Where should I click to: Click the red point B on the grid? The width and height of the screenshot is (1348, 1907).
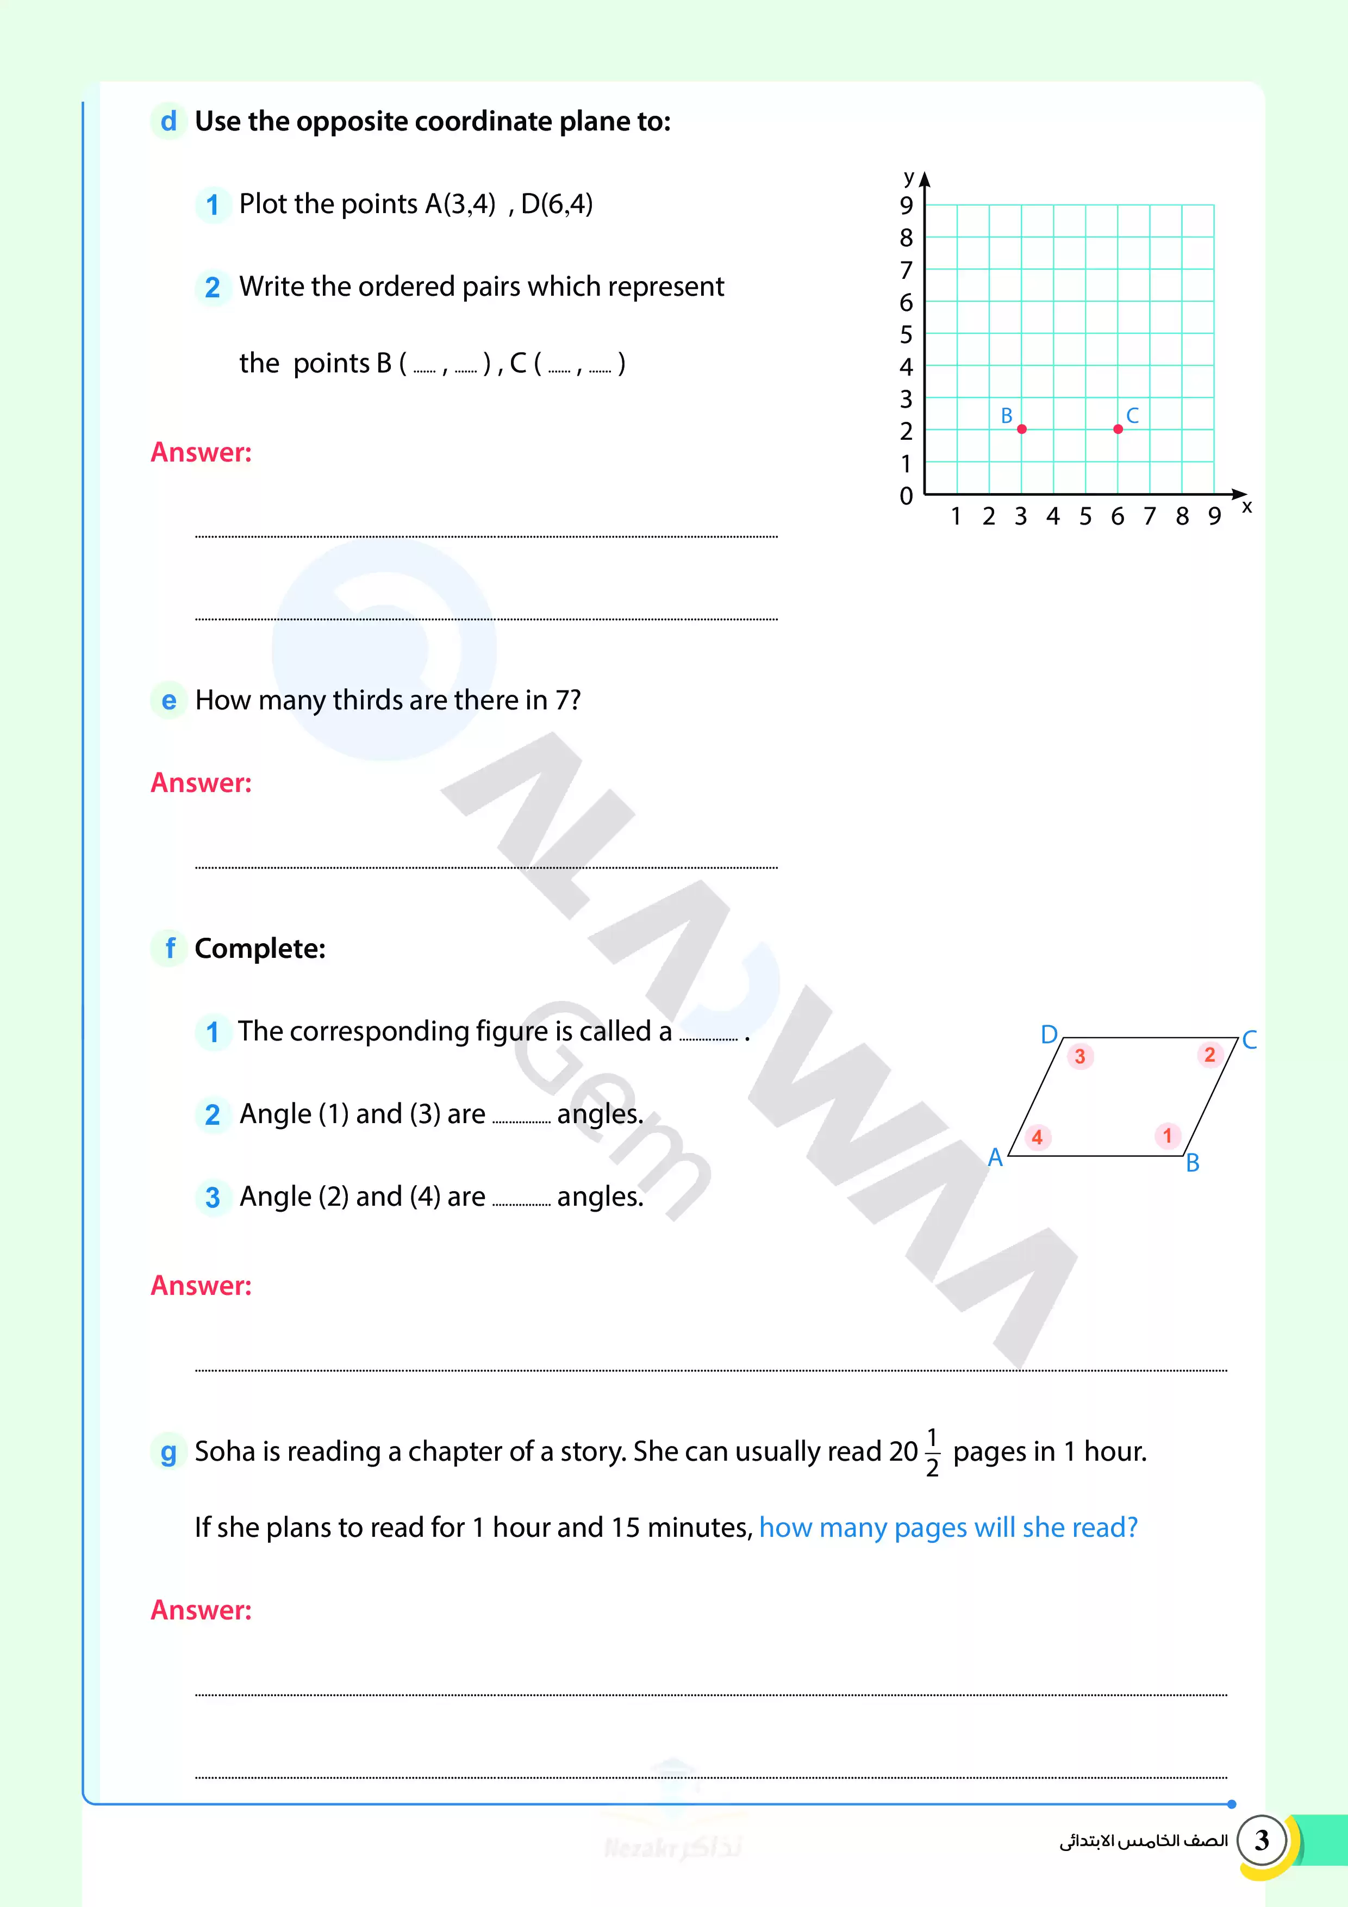point(1021,428)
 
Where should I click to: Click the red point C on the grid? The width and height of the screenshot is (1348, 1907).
point(1118,428)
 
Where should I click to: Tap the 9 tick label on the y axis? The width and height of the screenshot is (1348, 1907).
point(906,205)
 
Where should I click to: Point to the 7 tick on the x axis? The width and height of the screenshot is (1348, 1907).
point(1150,516)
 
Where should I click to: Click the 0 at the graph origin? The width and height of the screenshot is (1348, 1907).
point(906,497)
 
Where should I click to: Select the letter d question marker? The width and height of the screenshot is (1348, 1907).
point(168,121)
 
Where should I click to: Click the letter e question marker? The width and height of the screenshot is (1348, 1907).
point(168,700)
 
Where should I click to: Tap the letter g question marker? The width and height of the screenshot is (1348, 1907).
point(168,1452)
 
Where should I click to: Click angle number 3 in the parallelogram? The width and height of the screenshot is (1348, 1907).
point(1079,1056)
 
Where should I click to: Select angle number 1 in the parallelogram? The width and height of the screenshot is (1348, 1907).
point(1167,1136)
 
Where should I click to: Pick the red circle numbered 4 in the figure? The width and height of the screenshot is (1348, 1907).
point(1037,1137)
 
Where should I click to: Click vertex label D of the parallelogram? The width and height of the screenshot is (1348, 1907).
point(1049,1034)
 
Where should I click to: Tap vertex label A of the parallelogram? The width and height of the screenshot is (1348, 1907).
point(995,1157)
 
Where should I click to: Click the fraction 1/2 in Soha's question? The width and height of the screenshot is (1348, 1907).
point(932,1452)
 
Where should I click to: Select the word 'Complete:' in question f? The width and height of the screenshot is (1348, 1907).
point(260,949)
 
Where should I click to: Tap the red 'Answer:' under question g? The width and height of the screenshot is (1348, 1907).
point(201,1610)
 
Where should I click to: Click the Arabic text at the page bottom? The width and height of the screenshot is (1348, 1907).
point(1143,1841)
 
